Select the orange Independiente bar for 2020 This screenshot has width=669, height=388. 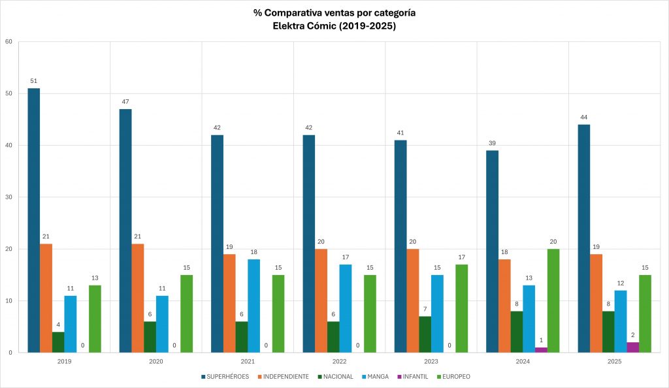[x=138, y=298]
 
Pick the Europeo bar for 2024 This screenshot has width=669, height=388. [x=553, y=300]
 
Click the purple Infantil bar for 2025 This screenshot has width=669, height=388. [x=633, y=348]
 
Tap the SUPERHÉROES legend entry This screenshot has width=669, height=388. [x=226, y=376]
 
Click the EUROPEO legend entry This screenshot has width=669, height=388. [x=454, y=376]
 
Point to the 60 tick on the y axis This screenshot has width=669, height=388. [x=9, y=42]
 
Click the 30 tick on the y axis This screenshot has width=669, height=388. [x=9, y=197]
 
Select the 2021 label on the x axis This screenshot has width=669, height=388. [x=248, y=361]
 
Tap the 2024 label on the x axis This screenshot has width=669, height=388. [x=523, y=361]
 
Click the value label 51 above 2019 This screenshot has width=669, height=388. [x=34, y=82]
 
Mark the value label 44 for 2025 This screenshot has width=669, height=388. [x=584, y=118]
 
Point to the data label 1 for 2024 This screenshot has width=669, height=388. [x=541, y=340]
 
